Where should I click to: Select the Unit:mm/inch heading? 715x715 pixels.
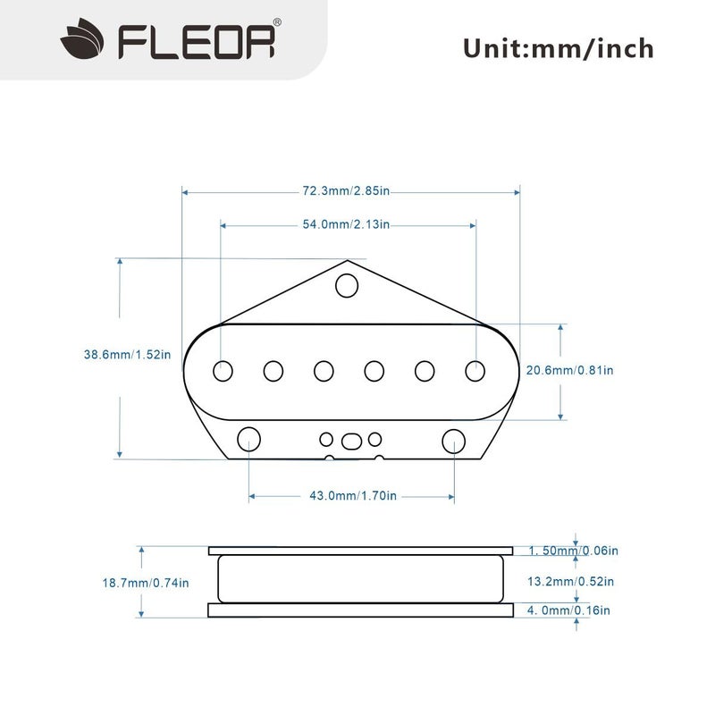click(x=559, y=46)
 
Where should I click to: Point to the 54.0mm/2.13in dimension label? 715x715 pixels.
click(x=345, y=224)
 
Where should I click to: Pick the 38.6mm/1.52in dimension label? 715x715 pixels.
click(x=129, y=354)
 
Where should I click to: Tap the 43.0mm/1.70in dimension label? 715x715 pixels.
click(x=349, y=495)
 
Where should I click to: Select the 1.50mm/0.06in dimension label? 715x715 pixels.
click(x=572, y=551)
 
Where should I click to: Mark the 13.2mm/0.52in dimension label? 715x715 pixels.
click(x=572, y=581)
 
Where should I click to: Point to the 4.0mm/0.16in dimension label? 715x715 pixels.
click(x=569, y=610)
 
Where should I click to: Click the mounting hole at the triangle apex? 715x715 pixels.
click(x=346, y=285)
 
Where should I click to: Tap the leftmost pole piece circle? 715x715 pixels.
click(x=223, y=368)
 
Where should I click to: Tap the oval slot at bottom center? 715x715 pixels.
click(x=351, y=440)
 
